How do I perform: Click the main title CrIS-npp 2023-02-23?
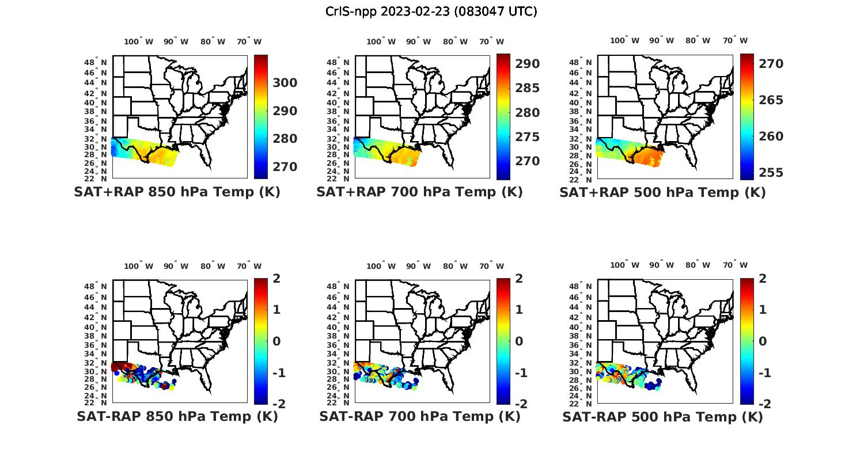[431, 12]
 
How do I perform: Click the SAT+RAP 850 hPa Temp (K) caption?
[177, 192]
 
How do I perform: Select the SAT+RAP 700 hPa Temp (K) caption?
[419, 192]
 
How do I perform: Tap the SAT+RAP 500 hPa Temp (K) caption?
[662, 192]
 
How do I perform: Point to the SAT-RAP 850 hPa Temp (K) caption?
[177, 416]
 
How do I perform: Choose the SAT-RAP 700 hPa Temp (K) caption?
[419, 416]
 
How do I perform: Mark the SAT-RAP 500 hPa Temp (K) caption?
[662, 417]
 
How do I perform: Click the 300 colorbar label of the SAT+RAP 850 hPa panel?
[285, 83]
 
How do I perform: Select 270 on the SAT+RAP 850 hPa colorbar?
[285, 167]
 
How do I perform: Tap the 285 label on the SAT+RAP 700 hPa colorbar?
[528, 88]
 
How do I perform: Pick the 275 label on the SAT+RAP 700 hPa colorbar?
[528, 137]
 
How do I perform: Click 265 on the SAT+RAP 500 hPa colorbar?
[771, 100]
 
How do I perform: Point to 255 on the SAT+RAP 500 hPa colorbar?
[771, 173]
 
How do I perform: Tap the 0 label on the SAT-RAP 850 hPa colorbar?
[276, 341]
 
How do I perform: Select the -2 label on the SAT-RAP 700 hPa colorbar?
[521, 404]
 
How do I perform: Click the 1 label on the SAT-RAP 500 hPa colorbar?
[763, 310]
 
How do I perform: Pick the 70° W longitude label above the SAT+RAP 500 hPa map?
[735, 40]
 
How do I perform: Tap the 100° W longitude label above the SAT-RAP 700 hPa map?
[381, 266]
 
